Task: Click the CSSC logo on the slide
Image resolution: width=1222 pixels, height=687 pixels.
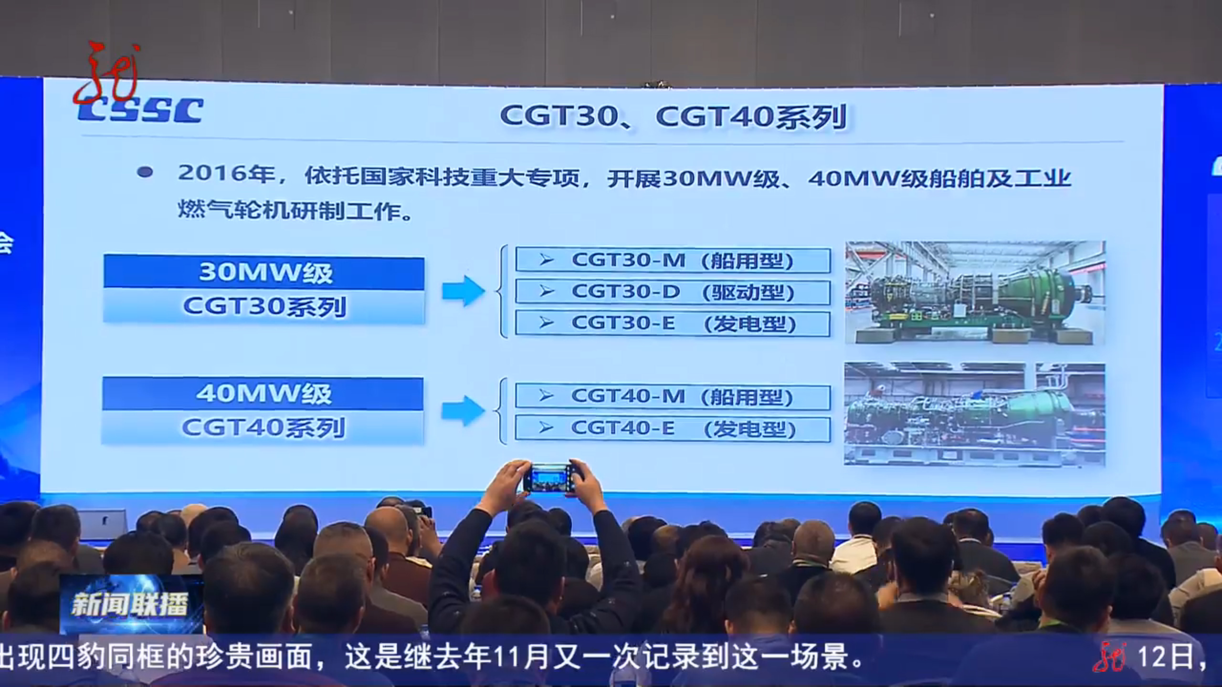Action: click(x=141, y=110)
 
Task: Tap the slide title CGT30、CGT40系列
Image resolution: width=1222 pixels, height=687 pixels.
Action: click(x=673, y=116)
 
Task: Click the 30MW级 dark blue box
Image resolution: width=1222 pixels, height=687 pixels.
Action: click(x=264, y=272)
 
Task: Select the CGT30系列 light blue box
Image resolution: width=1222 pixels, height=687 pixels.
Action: click(x=264, y=306)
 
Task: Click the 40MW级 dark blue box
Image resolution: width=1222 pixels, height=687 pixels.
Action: click(x=263, y=394)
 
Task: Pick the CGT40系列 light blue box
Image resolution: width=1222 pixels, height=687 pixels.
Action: click(x=263, y=427)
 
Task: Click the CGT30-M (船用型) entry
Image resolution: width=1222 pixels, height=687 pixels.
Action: click(x=673, y=260)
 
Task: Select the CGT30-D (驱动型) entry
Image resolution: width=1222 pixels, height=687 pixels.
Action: click(x=673, y=292)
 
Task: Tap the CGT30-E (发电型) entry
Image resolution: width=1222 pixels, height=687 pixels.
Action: click(x=673, y=323)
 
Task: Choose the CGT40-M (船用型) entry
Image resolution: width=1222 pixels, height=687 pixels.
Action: click(x=673, y=396)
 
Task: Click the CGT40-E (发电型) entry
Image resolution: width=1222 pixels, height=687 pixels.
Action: click(x=673, y=428)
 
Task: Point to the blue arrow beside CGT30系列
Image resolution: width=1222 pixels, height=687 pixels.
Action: click(x=464, y=291)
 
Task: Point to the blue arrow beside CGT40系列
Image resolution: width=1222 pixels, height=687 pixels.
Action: click(x=463, y=410)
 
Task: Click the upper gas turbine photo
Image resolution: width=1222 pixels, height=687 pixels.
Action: click(x=975, y=292)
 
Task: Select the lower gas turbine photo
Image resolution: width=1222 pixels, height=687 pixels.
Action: click(x=974, y=414)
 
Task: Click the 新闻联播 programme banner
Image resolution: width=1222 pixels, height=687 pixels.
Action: click(x=130, y=604)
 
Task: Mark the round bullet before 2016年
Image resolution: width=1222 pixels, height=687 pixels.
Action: click(x=145, y=172)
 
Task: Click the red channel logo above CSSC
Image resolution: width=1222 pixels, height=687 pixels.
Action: click(x=108, y=74)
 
